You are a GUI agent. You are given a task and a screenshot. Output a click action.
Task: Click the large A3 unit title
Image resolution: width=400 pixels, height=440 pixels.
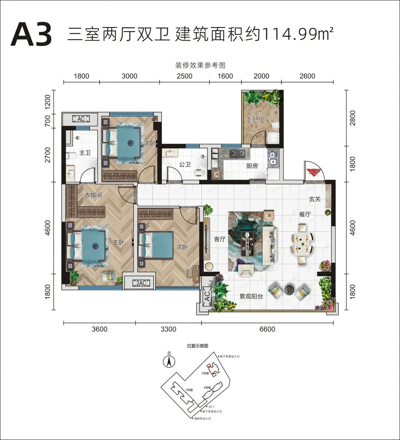point(31,34)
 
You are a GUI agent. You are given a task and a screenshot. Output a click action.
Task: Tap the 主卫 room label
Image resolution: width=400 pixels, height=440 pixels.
point(85,153)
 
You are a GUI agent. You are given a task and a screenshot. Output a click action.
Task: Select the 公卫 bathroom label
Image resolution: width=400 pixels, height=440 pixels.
point(185,164)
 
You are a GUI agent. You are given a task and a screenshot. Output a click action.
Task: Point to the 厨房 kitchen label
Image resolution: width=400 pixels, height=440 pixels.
point(252,166)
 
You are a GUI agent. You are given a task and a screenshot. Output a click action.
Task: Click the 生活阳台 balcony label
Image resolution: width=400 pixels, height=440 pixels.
point(255,118)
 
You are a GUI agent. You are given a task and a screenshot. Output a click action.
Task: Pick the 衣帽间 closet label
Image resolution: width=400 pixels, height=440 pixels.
point(93,195)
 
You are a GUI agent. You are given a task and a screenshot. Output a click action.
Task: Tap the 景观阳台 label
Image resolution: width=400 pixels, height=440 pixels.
point(251,297)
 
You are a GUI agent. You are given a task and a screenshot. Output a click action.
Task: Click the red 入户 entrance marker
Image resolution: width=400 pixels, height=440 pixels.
point(315,172)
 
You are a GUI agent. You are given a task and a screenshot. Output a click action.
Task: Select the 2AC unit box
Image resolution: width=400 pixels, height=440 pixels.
point(141,283)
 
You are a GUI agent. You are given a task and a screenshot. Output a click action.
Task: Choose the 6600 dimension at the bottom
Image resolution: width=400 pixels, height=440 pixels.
point(267,329)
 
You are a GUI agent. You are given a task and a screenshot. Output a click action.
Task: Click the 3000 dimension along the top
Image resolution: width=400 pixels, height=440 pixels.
point(129,76)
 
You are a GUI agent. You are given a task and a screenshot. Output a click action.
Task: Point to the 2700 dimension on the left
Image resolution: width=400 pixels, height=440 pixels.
point(47,155)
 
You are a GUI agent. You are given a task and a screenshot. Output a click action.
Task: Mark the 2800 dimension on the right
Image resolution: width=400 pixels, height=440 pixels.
point(353,118)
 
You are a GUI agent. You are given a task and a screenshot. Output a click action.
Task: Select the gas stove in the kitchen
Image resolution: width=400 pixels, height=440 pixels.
point(237,154)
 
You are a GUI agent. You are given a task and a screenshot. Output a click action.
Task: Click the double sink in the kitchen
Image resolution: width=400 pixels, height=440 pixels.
point(273,158)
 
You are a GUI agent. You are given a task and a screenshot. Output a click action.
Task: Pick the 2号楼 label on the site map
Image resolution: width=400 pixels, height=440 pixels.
point(205,373)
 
